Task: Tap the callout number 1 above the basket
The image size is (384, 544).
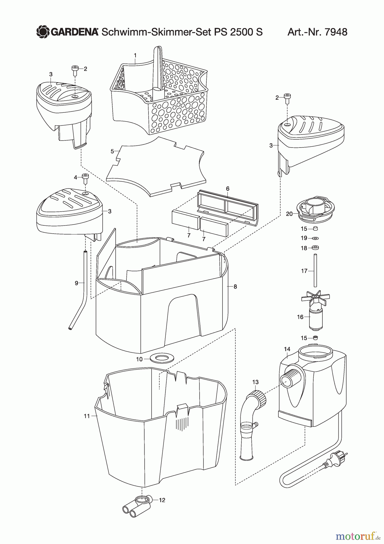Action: pyautogui.click(x=135, y=56)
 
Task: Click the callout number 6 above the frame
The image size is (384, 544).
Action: pyautogui.click(x=228, y=189)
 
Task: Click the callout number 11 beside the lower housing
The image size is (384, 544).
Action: pyautogui.click(x=87, y=416)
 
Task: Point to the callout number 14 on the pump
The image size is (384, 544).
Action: pyautogui.click(x=287, y=349)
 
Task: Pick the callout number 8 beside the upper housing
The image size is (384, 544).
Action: pyautogui.click(x=235, y=287)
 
